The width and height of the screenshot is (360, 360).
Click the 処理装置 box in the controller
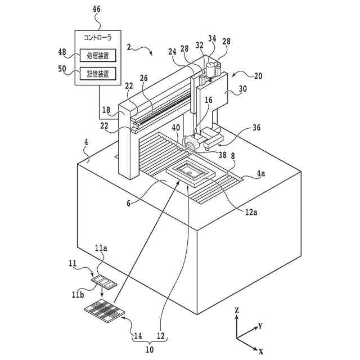click(98, 55)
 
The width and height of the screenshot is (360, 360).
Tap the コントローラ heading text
click(97, 38)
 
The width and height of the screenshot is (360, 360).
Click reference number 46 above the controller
click(96, 9)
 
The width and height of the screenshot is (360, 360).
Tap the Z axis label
click(237, 310)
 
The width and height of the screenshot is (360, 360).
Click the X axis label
click(260, 351)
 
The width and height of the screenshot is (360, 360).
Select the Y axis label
click(260, 326)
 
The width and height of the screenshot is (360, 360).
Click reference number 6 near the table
click(128, 204)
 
